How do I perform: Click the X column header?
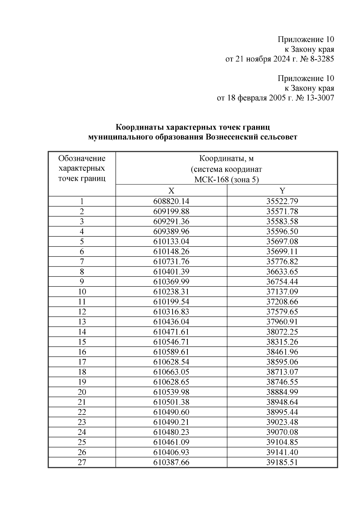(171, 191)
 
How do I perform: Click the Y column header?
(282, 191)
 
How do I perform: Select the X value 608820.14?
(171, 201)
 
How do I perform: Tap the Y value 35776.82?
(282, 262)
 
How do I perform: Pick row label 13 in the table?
(82, 322)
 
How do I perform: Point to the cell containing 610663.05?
(171, 372)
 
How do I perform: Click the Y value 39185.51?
(282, 462)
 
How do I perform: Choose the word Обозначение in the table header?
(82, 158)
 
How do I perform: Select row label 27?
(82, 462)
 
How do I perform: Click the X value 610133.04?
(171, 241)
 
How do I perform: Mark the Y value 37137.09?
(282, 292)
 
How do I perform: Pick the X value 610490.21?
(171, 422)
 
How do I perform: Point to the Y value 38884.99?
(282, 392)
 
